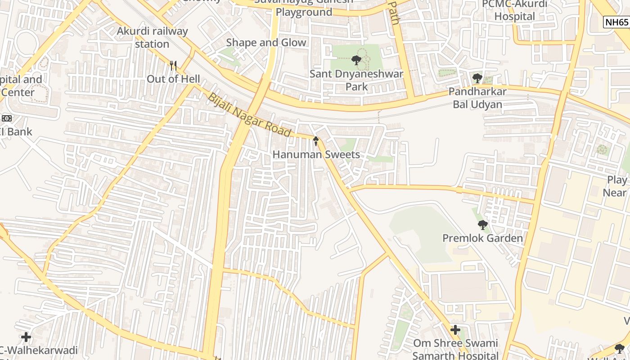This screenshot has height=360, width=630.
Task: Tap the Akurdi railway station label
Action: (152, 38)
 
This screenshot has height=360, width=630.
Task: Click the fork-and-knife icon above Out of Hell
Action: (173, 66)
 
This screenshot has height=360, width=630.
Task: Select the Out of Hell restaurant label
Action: (173, 79)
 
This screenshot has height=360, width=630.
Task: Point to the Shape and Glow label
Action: (266, 43)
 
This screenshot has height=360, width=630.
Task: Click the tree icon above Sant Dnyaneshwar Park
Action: (356, 60)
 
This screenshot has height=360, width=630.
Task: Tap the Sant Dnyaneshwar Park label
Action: (356, 80)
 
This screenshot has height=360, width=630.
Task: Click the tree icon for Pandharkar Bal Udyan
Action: (477, 78)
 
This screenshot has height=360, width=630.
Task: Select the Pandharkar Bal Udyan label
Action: (477, 98)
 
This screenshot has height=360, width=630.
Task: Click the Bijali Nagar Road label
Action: (249, 115)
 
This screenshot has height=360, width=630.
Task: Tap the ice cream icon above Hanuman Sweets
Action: (316, 141)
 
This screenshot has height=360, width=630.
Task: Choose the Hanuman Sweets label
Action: (316, 155)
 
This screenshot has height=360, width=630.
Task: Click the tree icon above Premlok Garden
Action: (482, 225)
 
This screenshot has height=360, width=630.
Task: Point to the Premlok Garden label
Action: (482, 238)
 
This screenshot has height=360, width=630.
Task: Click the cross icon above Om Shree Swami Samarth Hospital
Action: (455, 330)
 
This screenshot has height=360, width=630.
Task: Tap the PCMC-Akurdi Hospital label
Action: (515, 10)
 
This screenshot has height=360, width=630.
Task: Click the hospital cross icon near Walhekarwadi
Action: (26, 337)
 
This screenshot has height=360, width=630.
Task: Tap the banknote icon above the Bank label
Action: (6, 118)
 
